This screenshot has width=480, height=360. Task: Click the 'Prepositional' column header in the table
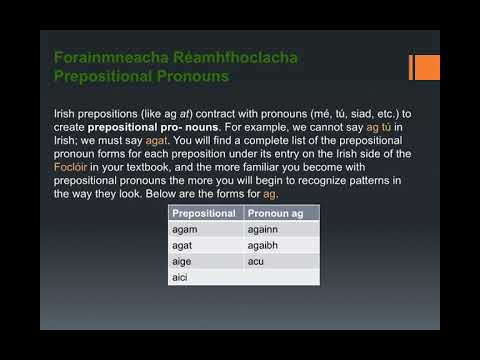coord(204,213)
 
